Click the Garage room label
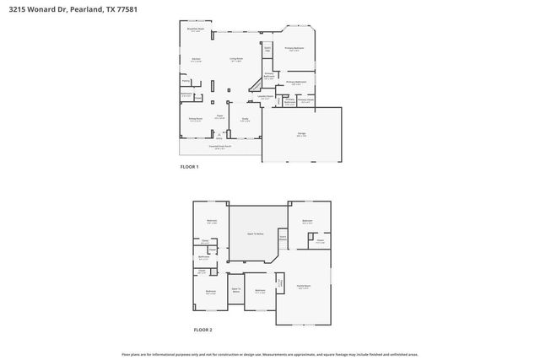(x=301, y=134)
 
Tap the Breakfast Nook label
(x=195, y=30)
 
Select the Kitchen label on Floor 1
(x=196, y=60)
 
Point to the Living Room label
(x=237, y=60)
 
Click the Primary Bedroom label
(x=294, y=49)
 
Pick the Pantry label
(x=186, y=81)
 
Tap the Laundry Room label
(x=265, y=96)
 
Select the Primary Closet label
(x=305, y=100)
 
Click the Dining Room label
(x=194, y=121)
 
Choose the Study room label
(x=245, y=119)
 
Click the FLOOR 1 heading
(x=190, y=167)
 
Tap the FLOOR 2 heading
(x=202, y=330)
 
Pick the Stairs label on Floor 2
(x=283, y=238)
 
